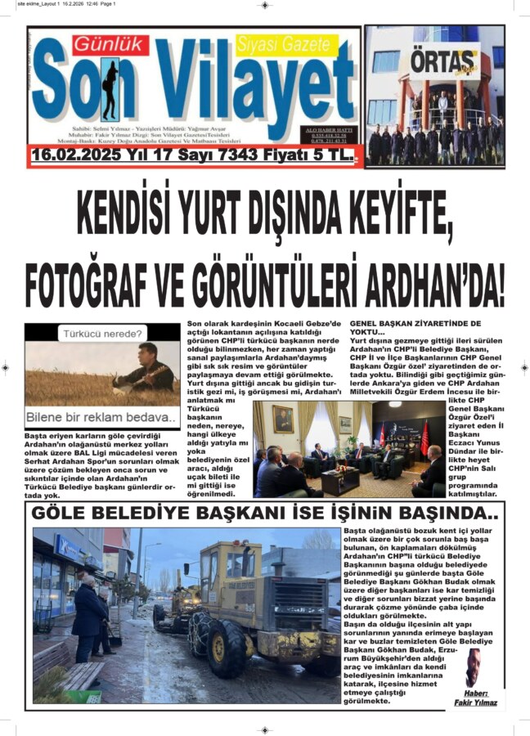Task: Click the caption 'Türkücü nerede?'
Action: point(102,334)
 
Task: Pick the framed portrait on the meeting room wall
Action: point(283,419)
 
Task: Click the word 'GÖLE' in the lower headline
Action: point(63,514)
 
